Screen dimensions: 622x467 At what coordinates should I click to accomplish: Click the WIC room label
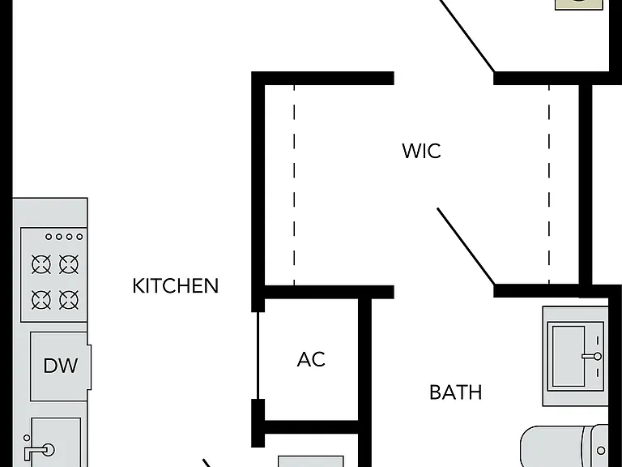421,151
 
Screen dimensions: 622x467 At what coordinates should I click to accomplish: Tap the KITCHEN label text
175,286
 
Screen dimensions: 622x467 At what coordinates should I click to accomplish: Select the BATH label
456,392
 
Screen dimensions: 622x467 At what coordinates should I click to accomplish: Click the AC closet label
311,359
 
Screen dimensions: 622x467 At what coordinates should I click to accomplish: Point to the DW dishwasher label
60,366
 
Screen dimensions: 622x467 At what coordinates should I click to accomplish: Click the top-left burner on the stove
41,264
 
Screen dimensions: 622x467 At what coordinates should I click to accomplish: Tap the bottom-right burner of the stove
69,299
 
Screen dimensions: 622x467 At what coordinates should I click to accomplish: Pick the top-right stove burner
69,264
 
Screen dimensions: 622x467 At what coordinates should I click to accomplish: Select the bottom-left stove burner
41,299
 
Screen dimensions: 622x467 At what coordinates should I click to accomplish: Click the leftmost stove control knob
49,237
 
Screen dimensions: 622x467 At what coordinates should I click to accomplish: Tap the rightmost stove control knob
79,237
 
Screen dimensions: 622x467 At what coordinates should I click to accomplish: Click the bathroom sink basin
569,356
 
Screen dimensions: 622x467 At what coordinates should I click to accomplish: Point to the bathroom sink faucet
592,356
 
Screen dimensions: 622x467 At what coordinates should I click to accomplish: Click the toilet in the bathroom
564,447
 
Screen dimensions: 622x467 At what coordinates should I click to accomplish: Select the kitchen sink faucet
40,451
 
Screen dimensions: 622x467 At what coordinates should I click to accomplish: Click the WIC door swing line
466,246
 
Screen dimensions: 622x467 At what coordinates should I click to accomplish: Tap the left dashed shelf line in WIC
294,185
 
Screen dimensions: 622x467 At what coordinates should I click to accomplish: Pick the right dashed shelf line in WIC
549,185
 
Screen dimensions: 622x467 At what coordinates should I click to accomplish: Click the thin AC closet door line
258,355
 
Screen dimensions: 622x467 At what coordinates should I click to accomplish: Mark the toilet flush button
601,450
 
